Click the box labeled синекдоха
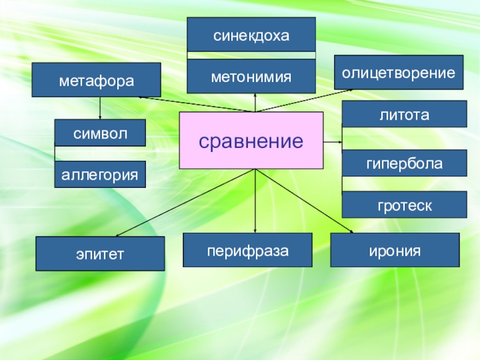(x=251, y=35)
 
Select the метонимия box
(x=251, y=77)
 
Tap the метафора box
(x=96, y=80)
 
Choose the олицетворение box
(x=398, y=73)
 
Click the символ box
(x=100, y=133)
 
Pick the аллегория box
(x=100, y=175)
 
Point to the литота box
(x=404, y=114)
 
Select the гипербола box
(x=404, y=163)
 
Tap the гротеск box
(x=404, y=205)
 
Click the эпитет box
(x=100, y=254)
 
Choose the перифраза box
(x=248, y=250)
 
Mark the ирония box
(x=395, y=250)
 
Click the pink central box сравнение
(x=251, y=140)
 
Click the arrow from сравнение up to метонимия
(x=256, y=103)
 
